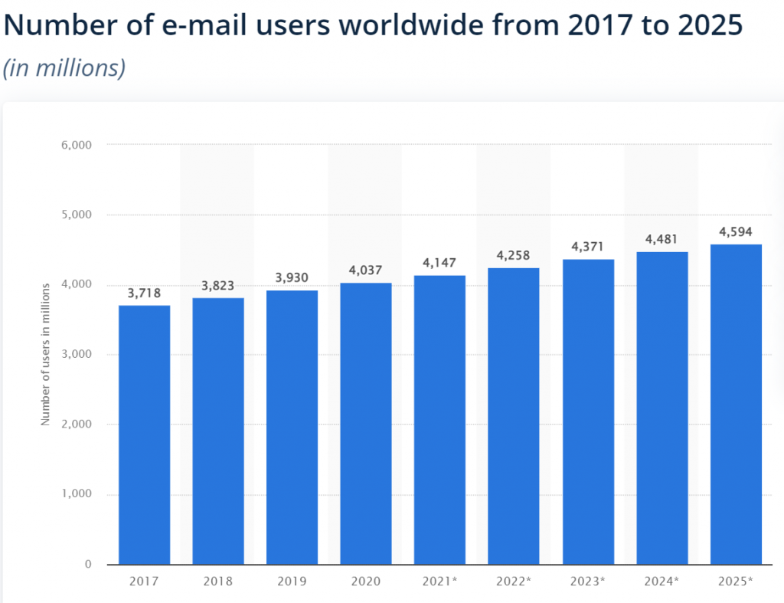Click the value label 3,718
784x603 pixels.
144,293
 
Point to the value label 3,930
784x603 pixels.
292,277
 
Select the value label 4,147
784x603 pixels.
439,263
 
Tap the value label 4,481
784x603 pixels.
661,240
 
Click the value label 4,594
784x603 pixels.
736,232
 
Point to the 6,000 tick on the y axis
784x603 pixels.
77,145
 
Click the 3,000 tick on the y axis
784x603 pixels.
77,355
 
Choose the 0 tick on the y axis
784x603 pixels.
87,565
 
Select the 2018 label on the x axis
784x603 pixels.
218,582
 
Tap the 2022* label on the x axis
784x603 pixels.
514,582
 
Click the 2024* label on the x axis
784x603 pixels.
661,582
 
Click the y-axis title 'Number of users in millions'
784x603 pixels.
45,354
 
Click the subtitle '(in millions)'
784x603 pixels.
64,67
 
